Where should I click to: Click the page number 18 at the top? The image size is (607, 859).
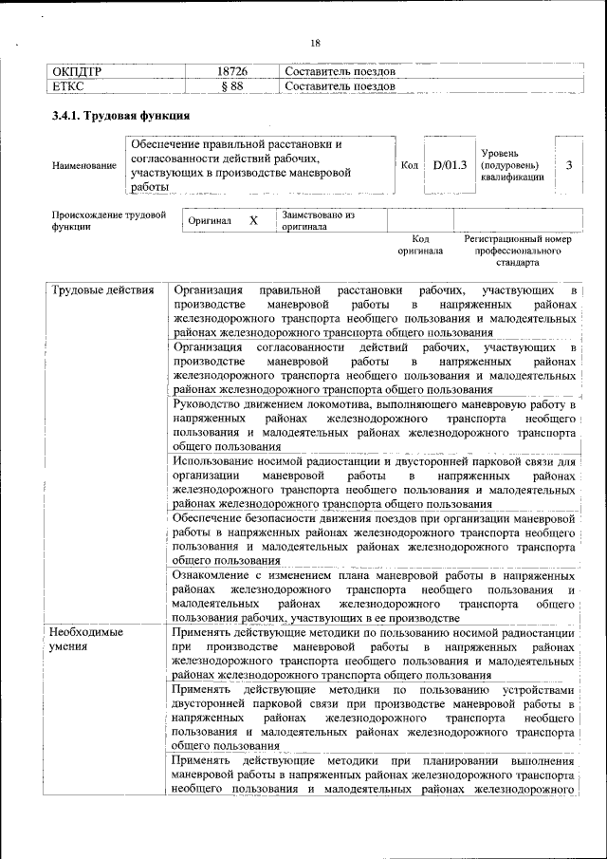(x=316, y=43)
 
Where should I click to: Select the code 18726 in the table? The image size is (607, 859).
(x=231, y=72)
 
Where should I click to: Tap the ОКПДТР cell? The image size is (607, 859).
(x=77, y=72)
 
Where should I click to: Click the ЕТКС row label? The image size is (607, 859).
(x=68, y=86)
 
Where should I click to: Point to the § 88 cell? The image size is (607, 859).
(x=231, y=86)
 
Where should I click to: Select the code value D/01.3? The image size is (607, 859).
(x=451, y=165)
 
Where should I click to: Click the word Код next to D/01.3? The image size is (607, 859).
(x=410, y=165)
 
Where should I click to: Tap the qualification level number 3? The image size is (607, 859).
(x=568, y=165)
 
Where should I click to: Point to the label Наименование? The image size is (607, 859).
(x=84, y=165)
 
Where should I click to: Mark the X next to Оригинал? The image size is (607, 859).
(x=253, y=220)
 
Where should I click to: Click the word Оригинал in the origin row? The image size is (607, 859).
(x=210, y=220)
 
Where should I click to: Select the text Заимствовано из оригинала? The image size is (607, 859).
(x=318, y=221)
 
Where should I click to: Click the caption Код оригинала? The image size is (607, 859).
(x=421, y=246)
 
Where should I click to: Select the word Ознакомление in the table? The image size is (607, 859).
(x=215, y=575)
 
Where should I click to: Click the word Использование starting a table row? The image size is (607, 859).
(x=217, y=461)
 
